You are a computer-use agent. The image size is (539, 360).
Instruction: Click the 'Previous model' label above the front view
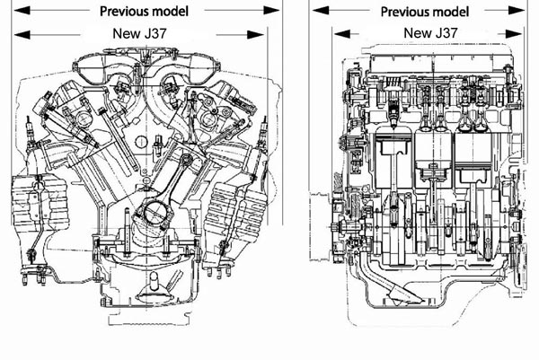pos(144,12)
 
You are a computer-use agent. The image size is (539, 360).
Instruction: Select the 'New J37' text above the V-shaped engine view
pos(139,33)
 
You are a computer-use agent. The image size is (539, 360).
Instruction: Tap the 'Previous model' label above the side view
pos(425,12)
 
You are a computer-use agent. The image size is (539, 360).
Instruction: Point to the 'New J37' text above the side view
pos(430,33)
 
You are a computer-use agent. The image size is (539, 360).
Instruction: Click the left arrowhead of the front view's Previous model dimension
pos(22,10)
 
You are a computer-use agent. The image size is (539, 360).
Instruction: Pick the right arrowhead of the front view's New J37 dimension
pos(256,35)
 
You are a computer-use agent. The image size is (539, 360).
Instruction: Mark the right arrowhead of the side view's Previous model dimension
pos(517,11)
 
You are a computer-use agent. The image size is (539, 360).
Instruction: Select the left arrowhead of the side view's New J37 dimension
pos(342,33)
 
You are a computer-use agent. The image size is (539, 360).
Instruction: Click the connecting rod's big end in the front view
pos(154,212)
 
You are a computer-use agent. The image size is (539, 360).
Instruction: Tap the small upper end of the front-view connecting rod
pos(187,160)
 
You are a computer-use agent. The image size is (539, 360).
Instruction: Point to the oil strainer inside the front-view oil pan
pos(154,289)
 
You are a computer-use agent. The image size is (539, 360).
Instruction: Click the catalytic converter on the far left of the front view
pos(39,203)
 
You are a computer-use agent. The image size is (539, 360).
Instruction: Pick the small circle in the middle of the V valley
pos(141,142)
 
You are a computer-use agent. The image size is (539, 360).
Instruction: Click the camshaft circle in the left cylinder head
pos(84,119)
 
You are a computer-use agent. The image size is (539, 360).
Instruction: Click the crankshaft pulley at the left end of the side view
pos(339,227)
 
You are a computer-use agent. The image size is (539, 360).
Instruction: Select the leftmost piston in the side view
pos(393,146)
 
